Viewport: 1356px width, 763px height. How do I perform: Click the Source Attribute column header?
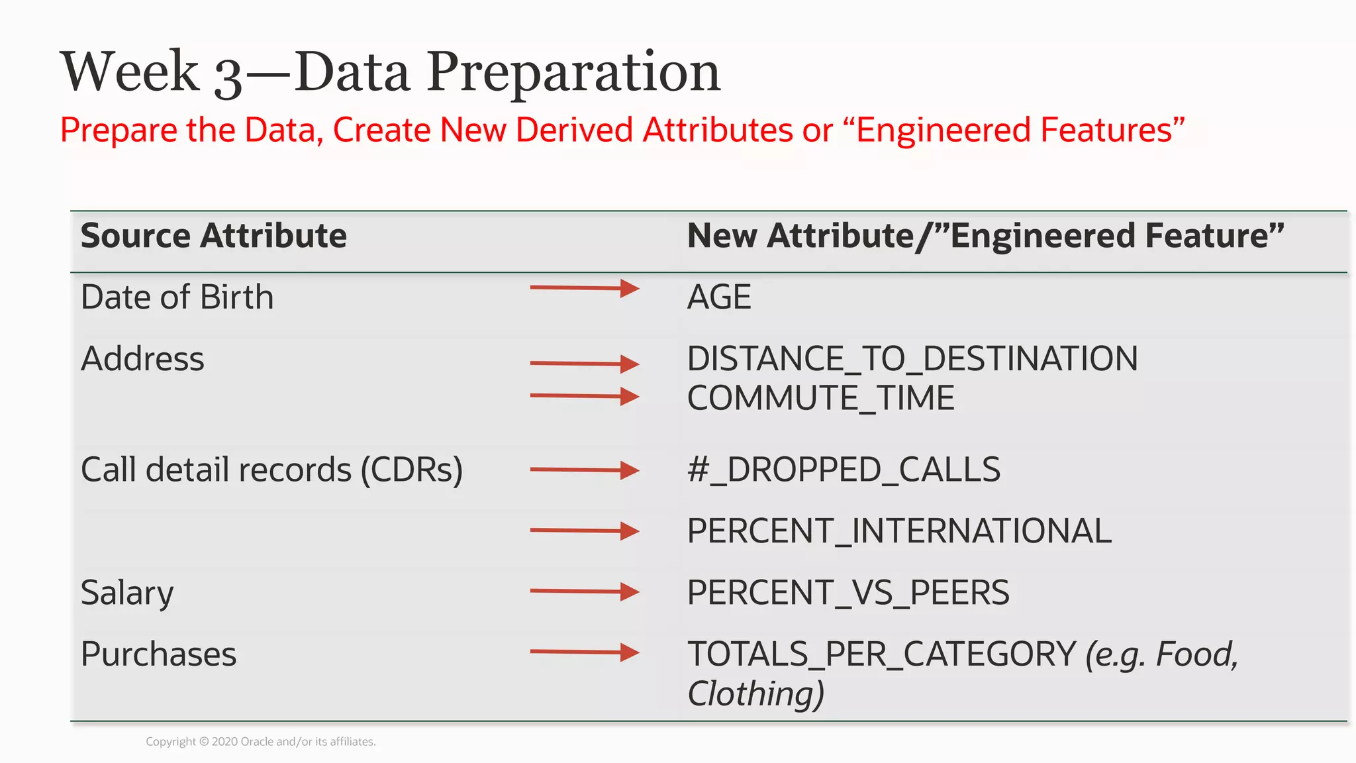213,236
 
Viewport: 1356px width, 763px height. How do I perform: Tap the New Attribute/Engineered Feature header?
985,236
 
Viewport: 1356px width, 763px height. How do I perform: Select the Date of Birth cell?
177,297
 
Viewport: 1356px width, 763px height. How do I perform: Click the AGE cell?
719,297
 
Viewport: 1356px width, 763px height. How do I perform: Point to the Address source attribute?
142,359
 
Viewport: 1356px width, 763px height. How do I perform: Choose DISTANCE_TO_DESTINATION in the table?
912,359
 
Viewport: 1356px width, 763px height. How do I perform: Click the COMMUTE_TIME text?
820,398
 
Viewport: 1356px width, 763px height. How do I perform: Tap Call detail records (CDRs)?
271,470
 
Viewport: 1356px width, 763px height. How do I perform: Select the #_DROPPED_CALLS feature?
844,470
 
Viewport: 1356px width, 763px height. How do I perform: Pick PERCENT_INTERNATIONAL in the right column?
899,531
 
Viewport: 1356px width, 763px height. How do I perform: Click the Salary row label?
127,593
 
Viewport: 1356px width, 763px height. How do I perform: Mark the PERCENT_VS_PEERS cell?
848,593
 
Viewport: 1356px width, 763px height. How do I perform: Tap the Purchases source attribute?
158,654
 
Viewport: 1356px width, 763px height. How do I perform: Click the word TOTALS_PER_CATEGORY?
881,654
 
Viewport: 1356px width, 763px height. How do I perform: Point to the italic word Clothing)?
755,693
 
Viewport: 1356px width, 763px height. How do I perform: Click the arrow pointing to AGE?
584,288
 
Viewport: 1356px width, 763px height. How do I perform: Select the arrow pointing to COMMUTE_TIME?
584,396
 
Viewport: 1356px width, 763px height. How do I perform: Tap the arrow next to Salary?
584,591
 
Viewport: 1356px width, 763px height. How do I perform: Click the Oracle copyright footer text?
261,742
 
